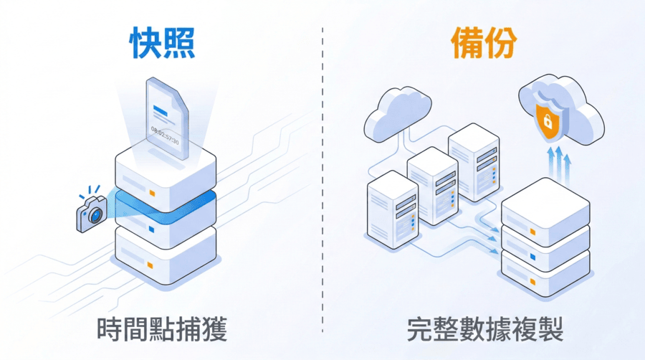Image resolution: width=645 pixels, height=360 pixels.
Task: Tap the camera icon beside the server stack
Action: click(x=92, y=213)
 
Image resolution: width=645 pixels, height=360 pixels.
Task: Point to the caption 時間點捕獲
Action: click(x=162, y=331)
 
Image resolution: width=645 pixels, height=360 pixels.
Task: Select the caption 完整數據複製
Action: click(x=484, y=331)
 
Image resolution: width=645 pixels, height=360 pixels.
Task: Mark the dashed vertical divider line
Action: click(x=322, y=179)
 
